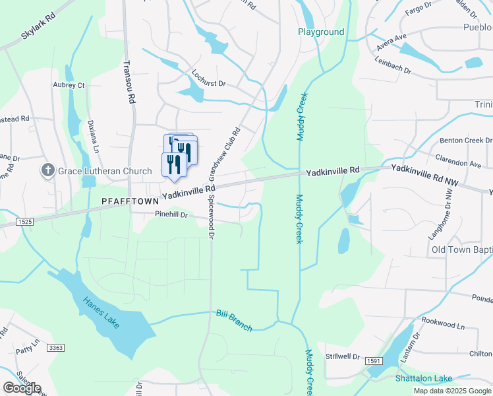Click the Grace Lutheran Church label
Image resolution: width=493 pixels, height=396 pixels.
pos(105,172)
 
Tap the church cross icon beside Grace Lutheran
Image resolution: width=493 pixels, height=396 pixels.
pos(47,171)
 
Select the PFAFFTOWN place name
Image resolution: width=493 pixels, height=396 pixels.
pos(130,199)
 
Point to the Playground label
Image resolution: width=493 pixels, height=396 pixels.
pos(321,32)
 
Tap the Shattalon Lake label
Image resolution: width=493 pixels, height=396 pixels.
pos(424,378)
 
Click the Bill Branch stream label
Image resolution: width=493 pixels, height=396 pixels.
pos(234,320)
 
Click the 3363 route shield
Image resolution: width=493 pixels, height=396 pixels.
pos(57,348)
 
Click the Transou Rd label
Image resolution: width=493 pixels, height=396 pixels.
pos(130,81)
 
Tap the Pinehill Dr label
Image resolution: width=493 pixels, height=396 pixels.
pos(171,215)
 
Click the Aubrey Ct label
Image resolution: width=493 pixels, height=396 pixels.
pos(69,85)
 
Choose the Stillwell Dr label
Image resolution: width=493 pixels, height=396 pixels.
pos(343,356)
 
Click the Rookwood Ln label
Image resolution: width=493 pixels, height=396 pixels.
pos(443,326)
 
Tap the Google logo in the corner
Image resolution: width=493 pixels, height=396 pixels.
pos(22,388)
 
